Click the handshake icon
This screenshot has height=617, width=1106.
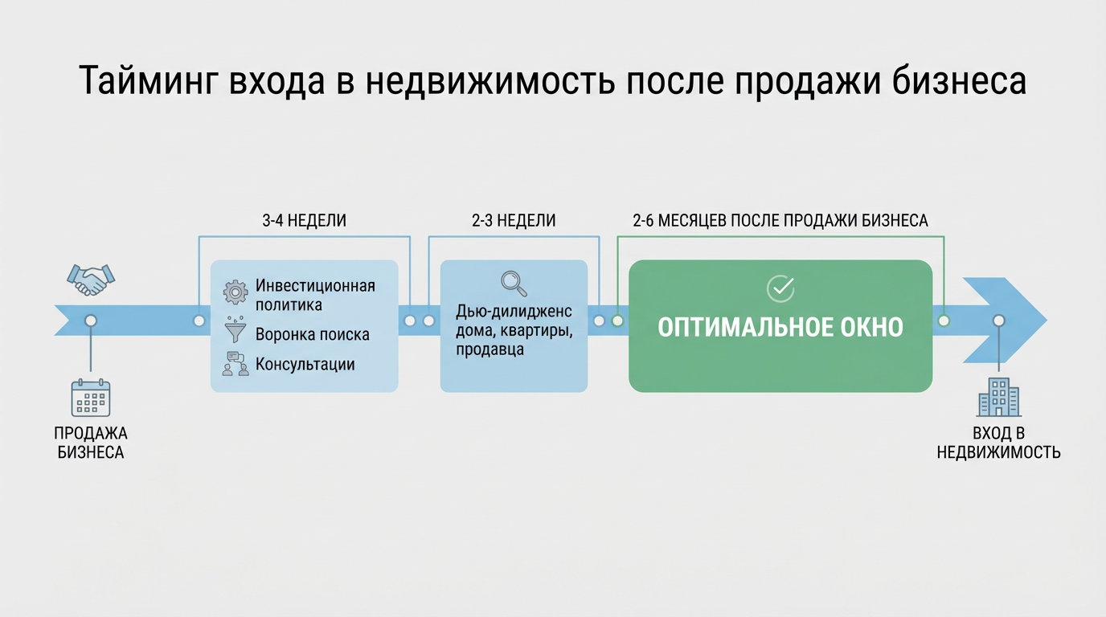[x=91, y=280]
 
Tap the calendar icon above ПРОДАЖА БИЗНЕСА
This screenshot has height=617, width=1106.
[x=91, y=398]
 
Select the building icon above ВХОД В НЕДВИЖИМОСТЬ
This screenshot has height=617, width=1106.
[x=999, y=398]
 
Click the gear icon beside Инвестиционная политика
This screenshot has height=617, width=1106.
[x=236, y=292]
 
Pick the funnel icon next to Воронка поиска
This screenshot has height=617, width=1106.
[x=236, y=329]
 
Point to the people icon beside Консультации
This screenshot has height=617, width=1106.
[x=236, y=364]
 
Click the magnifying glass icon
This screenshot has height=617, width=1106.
[x=514, y=284]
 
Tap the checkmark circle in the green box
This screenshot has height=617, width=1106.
[x=780, y=288]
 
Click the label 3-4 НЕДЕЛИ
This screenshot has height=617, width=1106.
[x=304, y=221]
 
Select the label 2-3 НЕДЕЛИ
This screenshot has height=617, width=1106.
[x=514, y=221]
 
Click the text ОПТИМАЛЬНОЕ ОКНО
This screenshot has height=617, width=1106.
[x=780, y=327]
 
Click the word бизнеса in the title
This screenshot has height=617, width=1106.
[x=960, y=81]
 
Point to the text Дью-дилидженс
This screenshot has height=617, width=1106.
[x=514, y=312]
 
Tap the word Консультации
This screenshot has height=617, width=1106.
[x=305, y=364]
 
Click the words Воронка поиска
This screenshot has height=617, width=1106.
[x=313, y=335]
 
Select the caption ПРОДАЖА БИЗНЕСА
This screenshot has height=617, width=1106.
[x=91, y=443]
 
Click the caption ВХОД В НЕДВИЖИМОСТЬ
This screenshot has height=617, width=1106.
[x=999, y=443]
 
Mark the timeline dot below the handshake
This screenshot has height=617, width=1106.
[x=91, y=321]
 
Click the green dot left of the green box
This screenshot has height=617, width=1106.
[x=617, y=321]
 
